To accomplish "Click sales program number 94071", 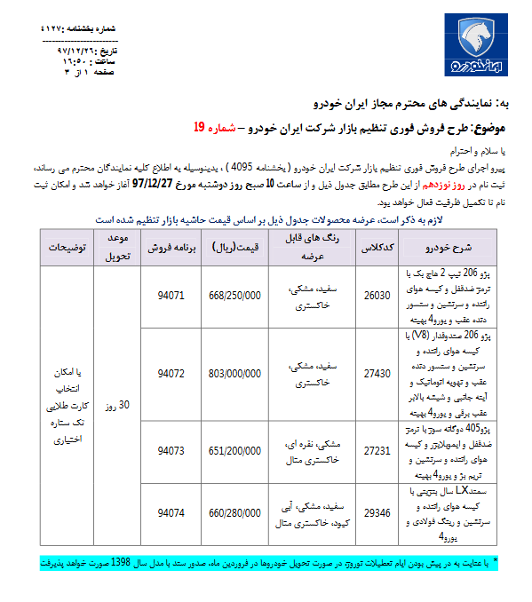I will [170, 295].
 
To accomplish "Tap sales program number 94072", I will [170, 374].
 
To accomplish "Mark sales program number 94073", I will [170, 450].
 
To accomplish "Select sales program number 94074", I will [170, 512].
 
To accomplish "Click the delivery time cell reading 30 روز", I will [120, 405].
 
